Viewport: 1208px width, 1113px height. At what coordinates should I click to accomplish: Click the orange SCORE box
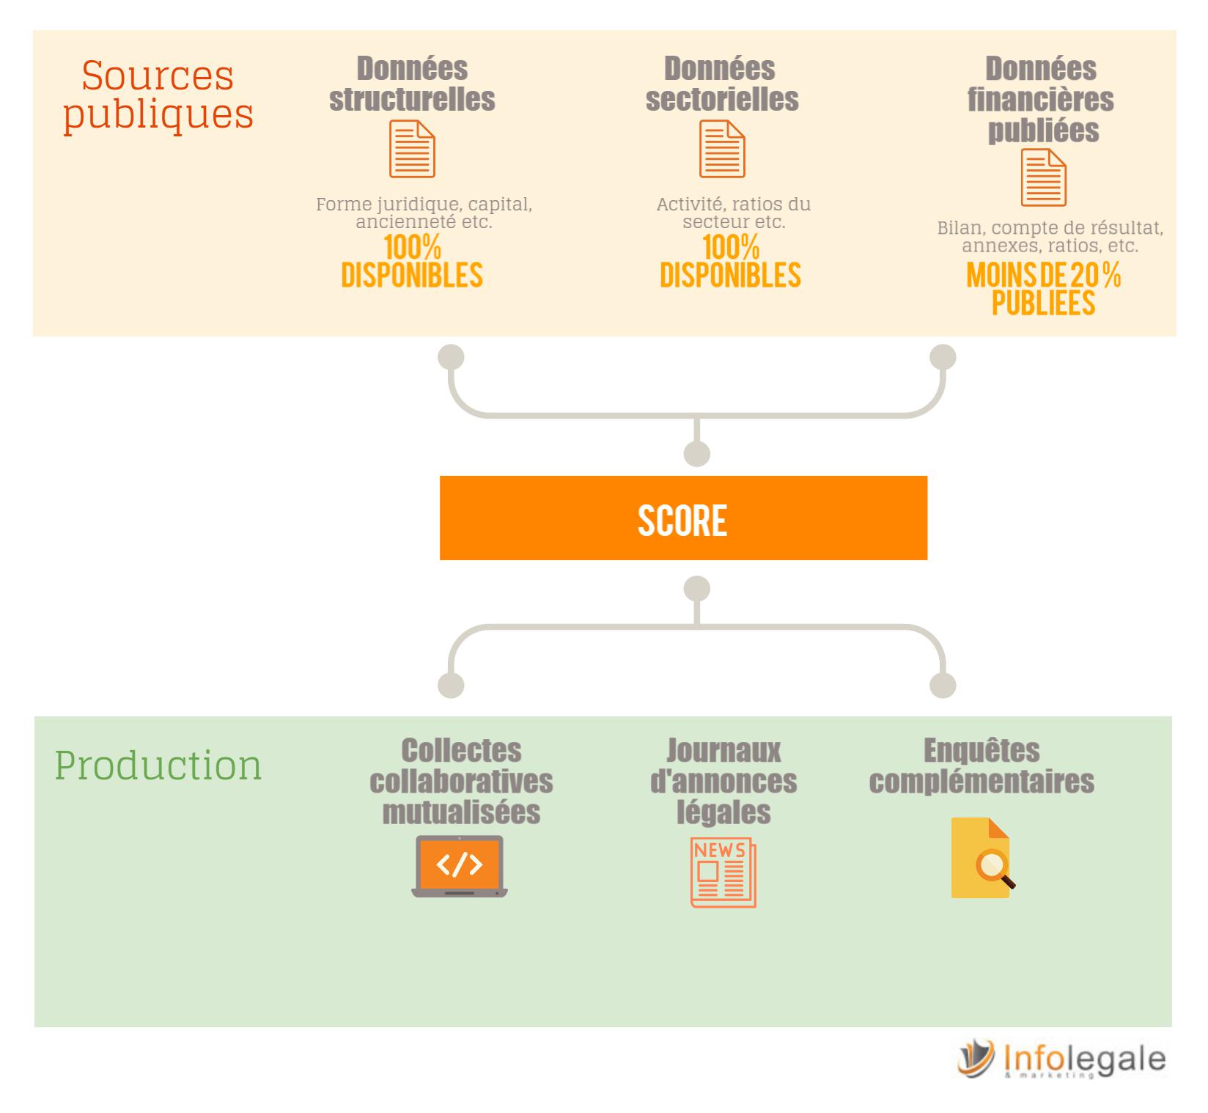(683, 518)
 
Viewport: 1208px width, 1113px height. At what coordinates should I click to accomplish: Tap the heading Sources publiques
(158, 95)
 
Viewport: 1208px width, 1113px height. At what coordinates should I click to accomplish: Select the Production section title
(158, 765)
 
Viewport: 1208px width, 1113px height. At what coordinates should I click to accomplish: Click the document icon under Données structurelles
(412, 150)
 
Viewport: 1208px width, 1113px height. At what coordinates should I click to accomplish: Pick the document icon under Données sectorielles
(722, 150)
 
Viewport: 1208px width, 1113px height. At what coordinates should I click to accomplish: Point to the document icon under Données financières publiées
(1044, 178)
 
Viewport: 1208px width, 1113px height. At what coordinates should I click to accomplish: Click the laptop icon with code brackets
(460, 867)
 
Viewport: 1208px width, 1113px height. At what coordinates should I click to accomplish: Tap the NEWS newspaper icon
(723, 873)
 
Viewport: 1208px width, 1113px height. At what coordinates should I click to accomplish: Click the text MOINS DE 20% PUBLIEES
(1044, 290)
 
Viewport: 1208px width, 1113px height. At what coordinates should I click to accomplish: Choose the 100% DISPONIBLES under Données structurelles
(412, 261)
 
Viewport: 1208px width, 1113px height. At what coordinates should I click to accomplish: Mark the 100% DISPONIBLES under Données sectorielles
(730, 261)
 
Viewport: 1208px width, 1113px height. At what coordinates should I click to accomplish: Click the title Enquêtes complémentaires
(981, 766)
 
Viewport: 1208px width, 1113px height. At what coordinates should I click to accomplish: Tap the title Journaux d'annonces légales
(723, 782)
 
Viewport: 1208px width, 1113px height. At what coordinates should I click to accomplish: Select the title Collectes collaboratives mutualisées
(461, 782)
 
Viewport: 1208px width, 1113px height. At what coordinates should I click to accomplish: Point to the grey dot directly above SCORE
(697, 454)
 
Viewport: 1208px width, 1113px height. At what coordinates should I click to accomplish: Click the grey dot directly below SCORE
(697, 589)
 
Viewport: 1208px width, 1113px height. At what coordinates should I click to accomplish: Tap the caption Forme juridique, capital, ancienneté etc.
(424, 213)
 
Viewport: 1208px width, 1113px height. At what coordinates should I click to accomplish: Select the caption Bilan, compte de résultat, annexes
(1050, 237)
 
